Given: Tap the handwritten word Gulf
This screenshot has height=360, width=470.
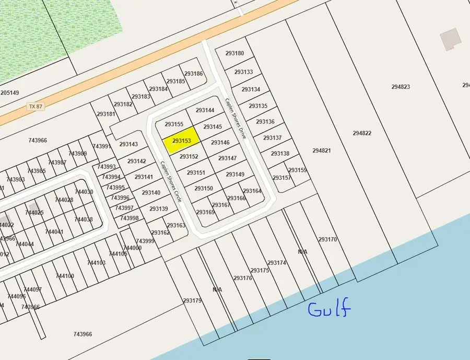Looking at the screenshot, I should point(329,309).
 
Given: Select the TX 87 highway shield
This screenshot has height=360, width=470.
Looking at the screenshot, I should point(36,106).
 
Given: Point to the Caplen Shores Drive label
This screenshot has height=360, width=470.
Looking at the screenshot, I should point(239,118).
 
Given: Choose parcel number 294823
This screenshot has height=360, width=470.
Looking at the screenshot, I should point(401,87).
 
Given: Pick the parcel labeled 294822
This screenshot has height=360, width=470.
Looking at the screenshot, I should point(362,133).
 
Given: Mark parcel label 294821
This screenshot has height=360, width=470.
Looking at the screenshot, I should point(322,150).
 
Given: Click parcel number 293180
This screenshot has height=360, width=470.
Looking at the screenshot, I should point(234,53).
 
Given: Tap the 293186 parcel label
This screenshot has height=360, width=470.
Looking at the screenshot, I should point(194,74).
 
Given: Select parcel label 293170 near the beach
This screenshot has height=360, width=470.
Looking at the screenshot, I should point(328,239).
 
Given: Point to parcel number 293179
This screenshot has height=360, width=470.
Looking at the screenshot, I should point(192,300).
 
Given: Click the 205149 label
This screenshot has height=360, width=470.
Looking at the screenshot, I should point(9,93).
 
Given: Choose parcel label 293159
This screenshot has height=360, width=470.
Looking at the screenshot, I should point(298,170).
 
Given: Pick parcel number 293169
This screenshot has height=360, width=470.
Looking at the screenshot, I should point(205,212).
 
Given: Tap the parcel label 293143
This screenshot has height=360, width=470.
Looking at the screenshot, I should point(128,144).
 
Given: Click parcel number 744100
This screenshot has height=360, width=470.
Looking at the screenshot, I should point(65,276).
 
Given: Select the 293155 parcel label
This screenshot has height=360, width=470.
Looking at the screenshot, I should point(174,124).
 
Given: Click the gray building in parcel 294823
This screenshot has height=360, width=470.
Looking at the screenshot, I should point(449,40).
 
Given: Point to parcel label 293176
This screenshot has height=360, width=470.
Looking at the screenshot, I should point(243,278).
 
